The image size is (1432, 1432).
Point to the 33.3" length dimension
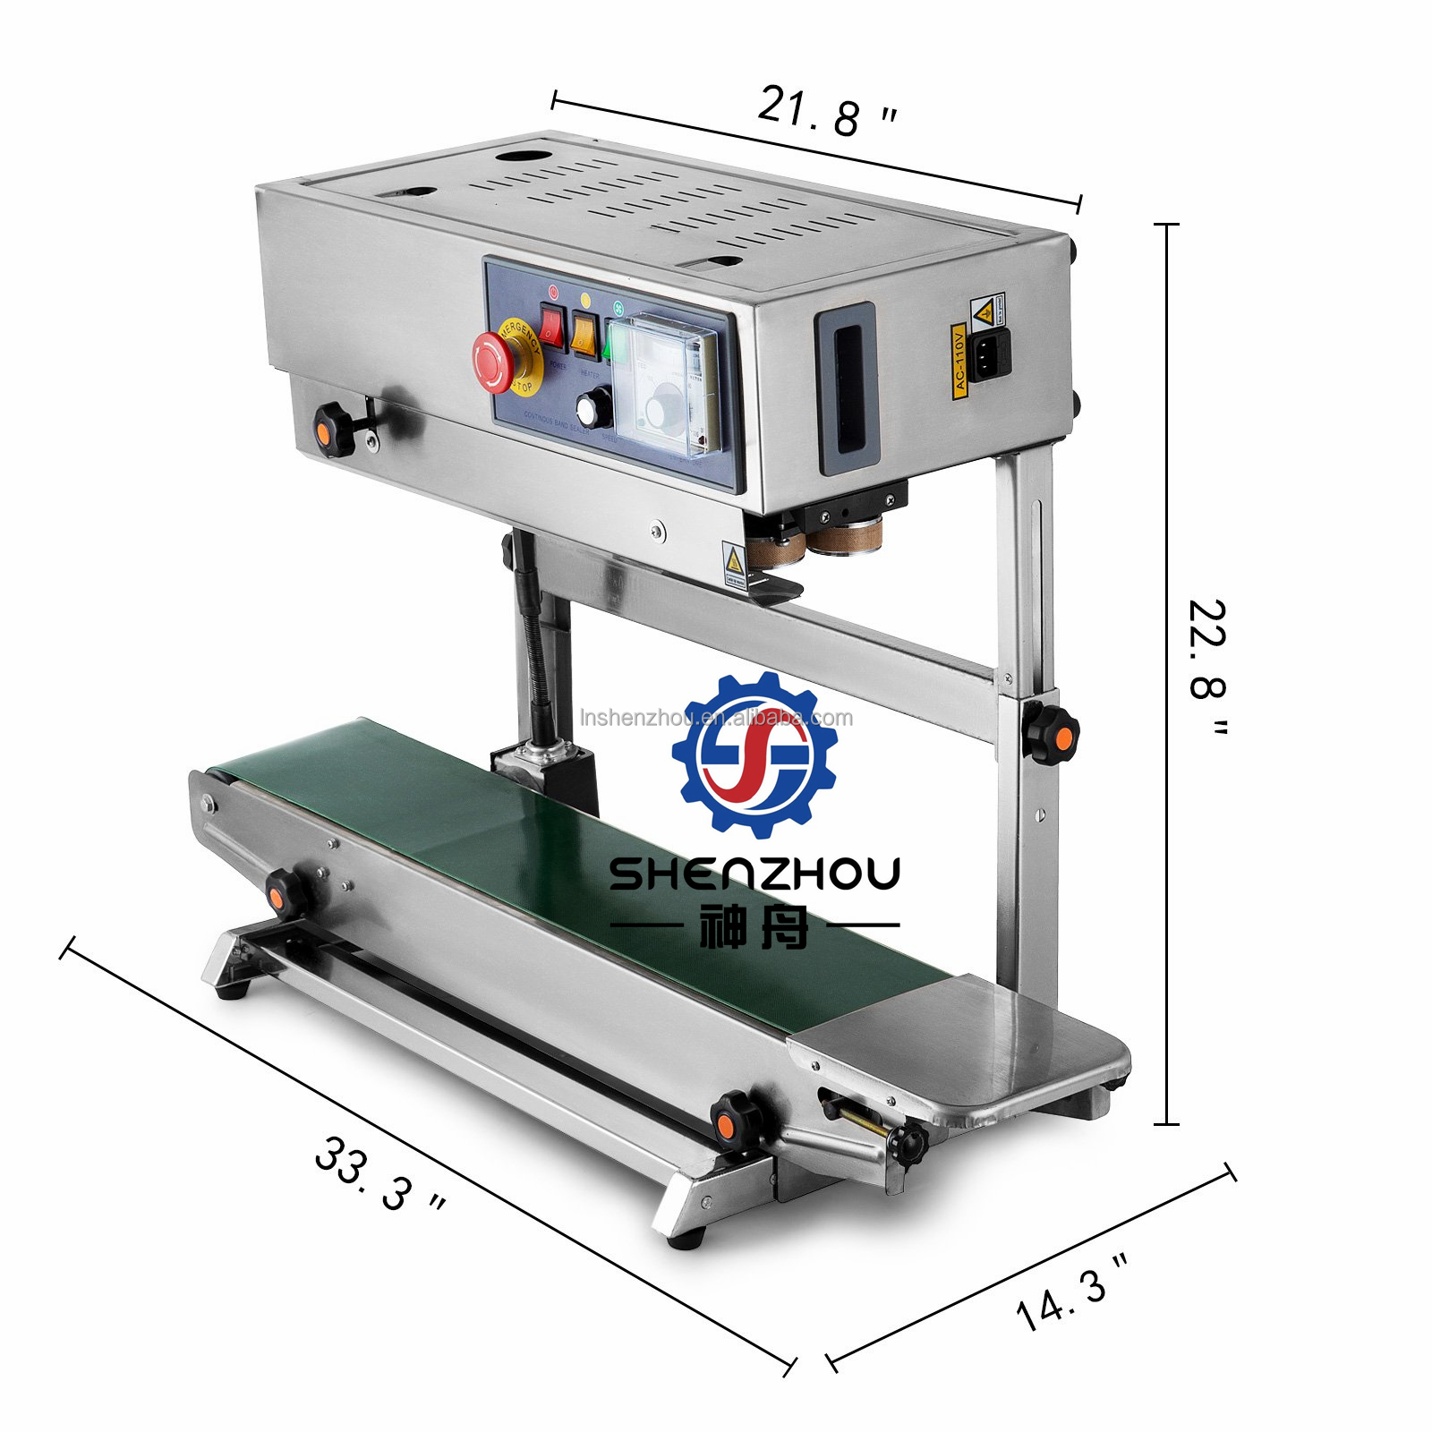coord(379,1173)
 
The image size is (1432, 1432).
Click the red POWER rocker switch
coord(551,326)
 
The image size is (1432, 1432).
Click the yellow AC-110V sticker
coord(959,361)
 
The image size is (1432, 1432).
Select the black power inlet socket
coord(990,354)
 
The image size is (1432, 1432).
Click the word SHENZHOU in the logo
coord(754,874)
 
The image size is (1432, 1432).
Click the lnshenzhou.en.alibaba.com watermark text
coord(716,718)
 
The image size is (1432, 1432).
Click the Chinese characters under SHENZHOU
coord(753,925)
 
